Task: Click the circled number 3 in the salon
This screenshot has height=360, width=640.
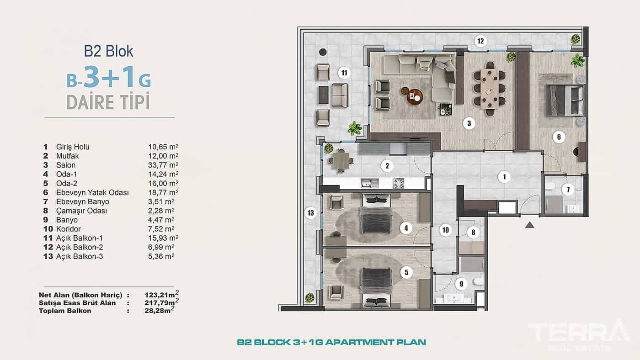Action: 469,123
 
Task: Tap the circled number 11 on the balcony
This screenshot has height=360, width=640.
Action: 344,73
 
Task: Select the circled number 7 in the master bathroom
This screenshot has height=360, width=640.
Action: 568,190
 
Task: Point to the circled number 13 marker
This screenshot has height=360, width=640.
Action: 310,213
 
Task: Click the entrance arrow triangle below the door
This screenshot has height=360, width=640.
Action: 529,225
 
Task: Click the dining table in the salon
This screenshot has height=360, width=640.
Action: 490,89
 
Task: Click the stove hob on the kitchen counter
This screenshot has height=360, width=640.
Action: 398,183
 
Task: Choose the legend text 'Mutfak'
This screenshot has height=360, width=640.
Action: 68,156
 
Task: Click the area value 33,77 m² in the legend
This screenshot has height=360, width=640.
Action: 163,165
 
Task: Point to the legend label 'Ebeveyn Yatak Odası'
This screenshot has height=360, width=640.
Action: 92,192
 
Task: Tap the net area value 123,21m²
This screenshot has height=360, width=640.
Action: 161,294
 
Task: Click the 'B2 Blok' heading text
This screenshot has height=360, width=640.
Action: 109,51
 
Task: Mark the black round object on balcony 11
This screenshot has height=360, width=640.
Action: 323,52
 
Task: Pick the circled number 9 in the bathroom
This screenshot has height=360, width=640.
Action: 461,284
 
